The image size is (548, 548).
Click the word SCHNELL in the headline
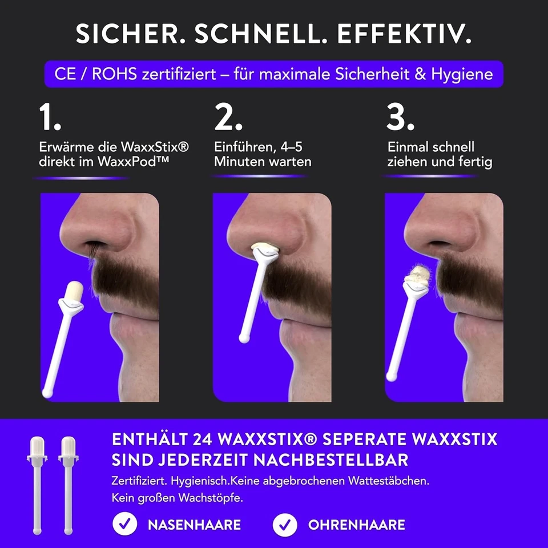coord(260,35)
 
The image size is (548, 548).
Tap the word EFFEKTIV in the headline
coord(404,35)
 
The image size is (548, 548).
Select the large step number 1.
coord(50,119)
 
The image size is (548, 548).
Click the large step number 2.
coord(228,119)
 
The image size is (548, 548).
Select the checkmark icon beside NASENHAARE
coord(124,524)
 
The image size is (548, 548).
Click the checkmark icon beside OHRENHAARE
coord(285,524)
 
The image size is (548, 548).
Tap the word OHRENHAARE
coord(357,525)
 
